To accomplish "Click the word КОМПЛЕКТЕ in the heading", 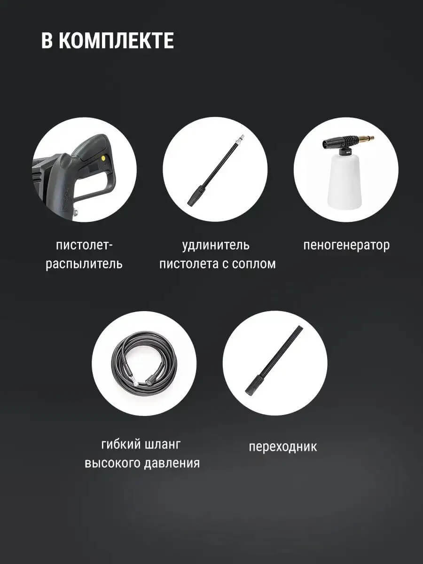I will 116,41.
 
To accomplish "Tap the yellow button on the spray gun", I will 102,158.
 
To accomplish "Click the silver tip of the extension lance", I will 242,139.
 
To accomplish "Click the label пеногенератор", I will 346,245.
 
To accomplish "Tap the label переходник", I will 282,446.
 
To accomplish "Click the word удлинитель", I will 216,245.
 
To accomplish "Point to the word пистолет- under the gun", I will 85,245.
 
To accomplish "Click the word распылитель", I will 84,264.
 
